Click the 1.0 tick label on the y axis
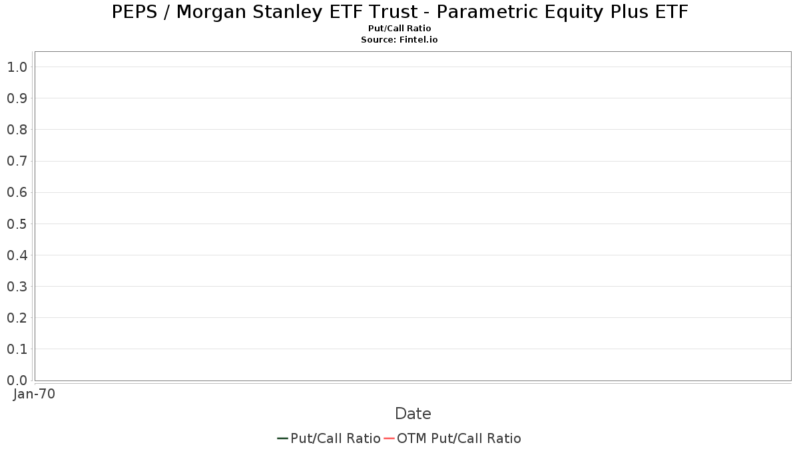coord(17,67)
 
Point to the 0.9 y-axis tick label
coord(17,98)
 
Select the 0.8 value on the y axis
coord(17,130)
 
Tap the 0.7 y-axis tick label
coord(17,161)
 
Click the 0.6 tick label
coord(17,192)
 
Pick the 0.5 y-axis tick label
coord(17,224)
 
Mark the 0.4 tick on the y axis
coord(17,255)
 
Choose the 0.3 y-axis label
coord(17,287)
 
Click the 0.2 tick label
coord(17,318)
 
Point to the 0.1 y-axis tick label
coord(17,349)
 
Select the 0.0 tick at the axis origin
coord(17,380)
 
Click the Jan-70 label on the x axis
coord(34,394)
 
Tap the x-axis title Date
coord(413,414)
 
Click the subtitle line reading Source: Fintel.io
coord(399,39)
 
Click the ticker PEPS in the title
coord(134,12)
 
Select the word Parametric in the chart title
coord(487,12)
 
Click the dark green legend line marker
coord(282,438)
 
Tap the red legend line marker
coord(389,438)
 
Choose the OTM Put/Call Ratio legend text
coord(459,438)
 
